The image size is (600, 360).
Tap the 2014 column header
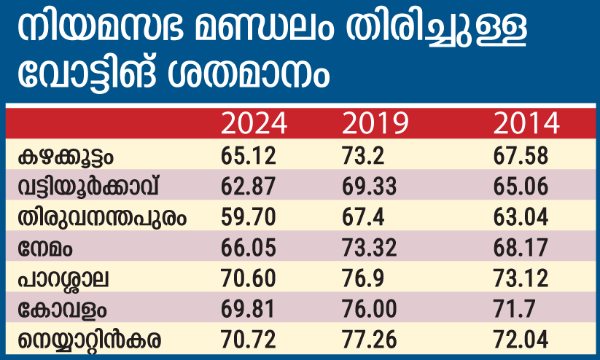coord(525,125)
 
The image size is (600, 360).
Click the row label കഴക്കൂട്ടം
coord(69,156)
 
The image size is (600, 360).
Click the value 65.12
coord(248,156)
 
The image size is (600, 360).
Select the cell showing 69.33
coord(369,187)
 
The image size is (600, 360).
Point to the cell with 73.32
coord(369,248)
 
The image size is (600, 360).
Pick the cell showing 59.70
coord(248,217)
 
